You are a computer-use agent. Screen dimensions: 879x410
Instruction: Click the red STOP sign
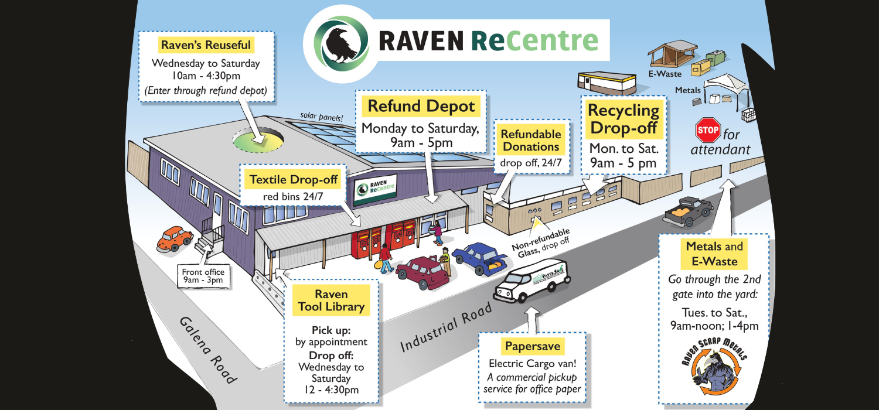click(708, 130)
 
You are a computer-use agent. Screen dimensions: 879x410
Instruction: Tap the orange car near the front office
click(175, 238)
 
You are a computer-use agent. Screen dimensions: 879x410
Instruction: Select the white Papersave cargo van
click(532, 280)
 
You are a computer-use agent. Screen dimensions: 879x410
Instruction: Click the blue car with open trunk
click(479, 258)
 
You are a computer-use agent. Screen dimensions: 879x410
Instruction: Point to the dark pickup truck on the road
click(687, 211)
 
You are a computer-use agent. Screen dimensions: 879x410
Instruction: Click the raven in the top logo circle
click(340, 45)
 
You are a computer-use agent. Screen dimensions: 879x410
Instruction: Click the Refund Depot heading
click(421, 107)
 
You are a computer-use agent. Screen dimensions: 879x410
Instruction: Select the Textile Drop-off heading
click(293, 179)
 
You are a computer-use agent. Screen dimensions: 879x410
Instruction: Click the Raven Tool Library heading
click(331, 300)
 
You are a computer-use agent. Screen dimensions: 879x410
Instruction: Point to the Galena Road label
click(209, 350)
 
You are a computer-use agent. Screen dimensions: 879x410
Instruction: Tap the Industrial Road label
click(446, 327)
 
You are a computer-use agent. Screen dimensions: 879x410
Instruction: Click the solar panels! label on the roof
click(321, 117)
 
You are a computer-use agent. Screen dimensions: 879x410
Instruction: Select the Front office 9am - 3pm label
click(203, 275)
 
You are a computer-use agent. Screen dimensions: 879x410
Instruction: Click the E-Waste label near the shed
click(665, 73)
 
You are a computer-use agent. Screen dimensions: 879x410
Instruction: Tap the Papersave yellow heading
click(533, 346)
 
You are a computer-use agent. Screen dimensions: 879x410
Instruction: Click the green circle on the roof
click(258, 141)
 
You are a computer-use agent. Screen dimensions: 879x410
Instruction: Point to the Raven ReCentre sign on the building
click(375, 189)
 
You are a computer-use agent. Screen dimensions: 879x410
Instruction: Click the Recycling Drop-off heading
click(624, 119)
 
